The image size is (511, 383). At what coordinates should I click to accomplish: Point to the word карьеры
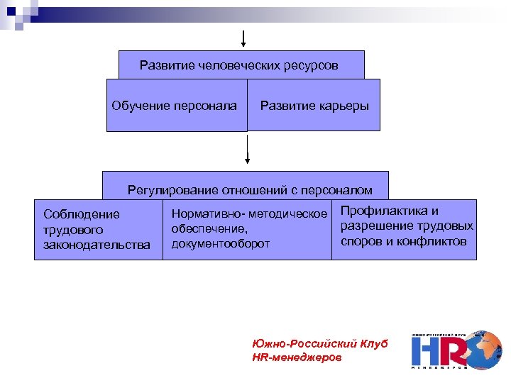[x=344, y=106]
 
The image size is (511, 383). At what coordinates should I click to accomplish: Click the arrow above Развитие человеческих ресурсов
[x=243, y=40]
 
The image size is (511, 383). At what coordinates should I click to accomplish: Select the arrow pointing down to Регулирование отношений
[x=247, y=151]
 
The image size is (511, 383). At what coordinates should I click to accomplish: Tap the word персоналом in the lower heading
[x=336, y=189]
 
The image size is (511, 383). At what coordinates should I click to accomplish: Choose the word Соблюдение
[x=82, y=214]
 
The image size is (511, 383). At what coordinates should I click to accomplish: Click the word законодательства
[x=97, y=245]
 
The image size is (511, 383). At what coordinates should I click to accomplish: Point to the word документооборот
[x=221, y=243]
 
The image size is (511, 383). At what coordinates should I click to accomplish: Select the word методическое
[x=291, y=213]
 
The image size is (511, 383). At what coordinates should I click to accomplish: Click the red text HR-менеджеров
[x=296, y=358]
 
